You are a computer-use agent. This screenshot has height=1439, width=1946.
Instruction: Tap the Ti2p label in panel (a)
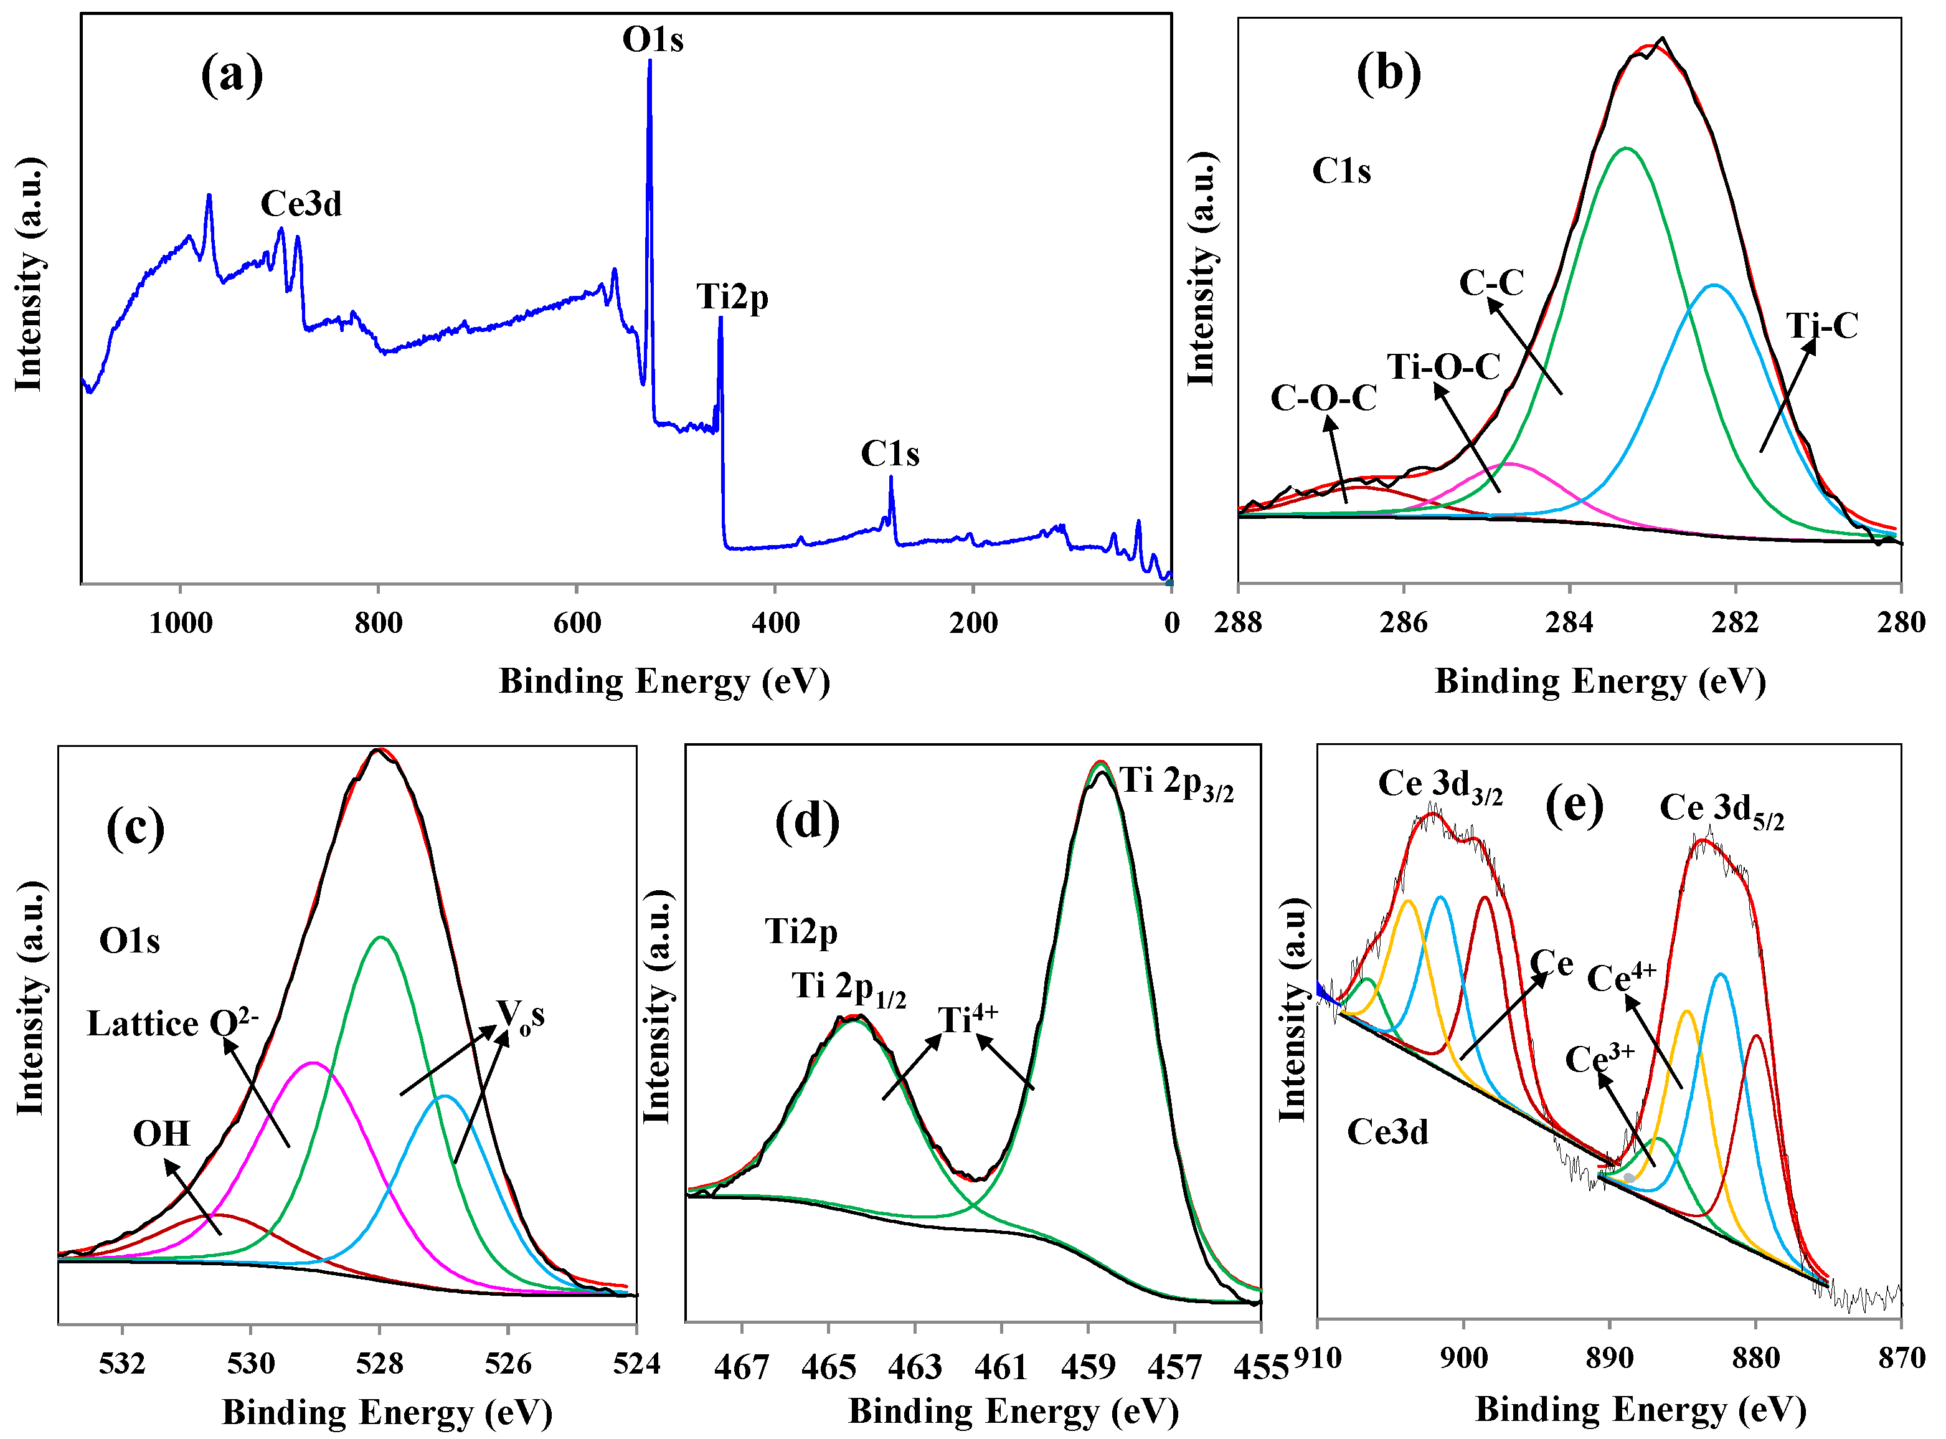(732, 298)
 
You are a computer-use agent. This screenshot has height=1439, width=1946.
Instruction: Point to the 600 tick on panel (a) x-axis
(577, 623)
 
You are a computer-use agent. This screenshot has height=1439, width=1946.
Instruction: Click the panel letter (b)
(1389, 74)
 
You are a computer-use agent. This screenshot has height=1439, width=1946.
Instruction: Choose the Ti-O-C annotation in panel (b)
(1443, 367)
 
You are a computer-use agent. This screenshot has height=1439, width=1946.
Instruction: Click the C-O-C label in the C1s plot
(1323, 399)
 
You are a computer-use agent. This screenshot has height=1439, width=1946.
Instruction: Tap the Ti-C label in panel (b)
(1822, 326)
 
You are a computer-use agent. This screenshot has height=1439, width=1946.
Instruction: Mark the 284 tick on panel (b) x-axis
(1569, 623)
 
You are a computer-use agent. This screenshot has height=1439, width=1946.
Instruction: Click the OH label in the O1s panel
(161, 1134)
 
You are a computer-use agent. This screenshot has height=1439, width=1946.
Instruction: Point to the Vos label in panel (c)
(521, 1014)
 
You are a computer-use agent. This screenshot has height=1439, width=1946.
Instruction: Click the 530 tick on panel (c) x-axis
(251, 1363)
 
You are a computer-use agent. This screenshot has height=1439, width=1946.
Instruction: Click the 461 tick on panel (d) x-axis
(1001, 1367)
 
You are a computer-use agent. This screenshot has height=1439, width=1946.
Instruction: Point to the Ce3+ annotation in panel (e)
(1600, 1059)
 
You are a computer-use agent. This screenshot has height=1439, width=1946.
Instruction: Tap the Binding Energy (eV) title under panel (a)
(664, 681)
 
